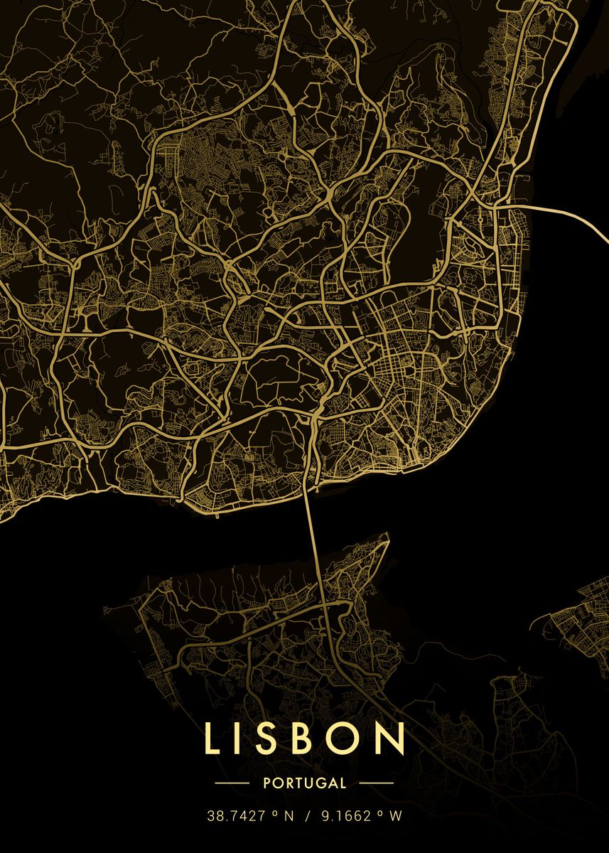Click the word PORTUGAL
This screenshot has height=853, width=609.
click(x=304, y=783)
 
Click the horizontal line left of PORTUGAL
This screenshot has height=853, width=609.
click(x=232, y=783)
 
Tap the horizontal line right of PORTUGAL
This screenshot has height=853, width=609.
click(x=376, y=783)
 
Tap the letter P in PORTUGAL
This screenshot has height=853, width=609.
click(x=266, y=783)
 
